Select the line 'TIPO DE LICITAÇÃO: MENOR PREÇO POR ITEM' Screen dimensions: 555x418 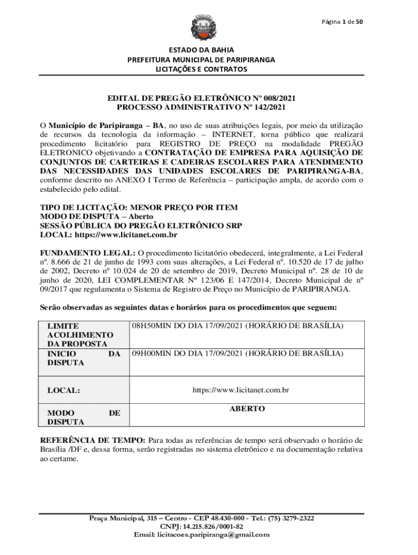(139, 208)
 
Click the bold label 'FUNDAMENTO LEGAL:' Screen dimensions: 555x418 (88, 253)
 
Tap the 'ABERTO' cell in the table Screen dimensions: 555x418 (247, 409)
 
